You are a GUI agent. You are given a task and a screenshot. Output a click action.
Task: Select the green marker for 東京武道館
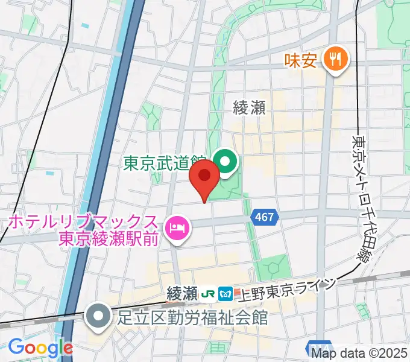pos(225,161)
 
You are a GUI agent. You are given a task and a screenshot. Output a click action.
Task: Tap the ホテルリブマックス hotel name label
pos(83,222)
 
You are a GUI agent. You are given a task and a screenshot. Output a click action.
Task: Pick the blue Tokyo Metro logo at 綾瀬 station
pos(226,294)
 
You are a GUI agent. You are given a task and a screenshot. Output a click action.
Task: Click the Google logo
pos(40,348)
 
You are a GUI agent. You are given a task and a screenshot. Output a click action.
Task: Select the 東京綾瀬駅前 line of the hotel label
pos(109,239)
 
